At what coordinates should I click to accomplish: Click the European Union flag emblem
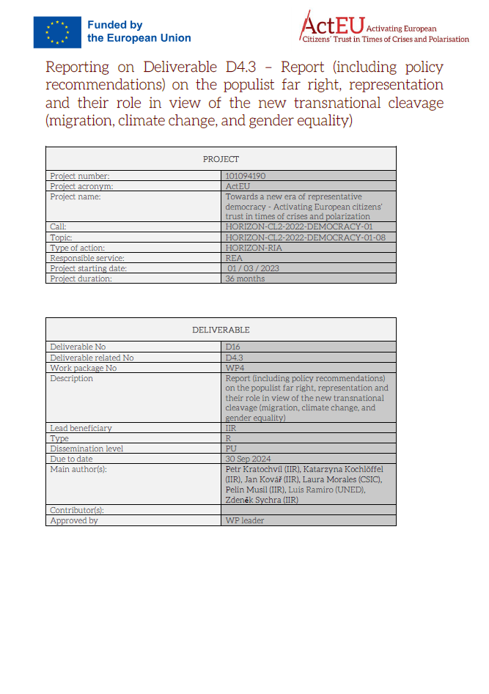click(56, 32)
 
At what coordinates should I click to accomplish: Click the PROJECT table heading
click(221, 159)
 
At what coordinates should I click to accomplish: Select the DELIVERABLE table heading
click(221, 330)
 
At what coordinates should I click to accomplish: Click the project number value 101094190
click(246, 176)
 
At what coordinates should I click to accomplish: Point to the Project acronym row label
click(81, 186)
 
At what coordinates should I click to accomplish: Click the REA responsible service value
click(235, 258)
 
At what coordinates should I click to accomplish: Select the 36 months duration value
click(245, 278)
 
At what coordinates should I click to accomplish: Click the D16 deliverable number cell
click(233, 347)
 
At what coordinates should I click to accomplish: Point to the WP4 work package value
click(235, 368)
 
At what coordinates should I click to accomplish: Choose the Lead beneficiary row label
click(81, 428)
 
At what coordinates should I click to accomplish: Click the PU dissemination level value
click(232, 448)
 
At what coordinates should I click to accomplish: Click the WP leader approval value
click(245, 520)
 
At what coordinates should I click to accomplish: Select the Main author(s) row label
click(78, 469)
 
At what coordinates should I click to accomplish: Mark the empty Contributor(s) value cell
click(308, 509)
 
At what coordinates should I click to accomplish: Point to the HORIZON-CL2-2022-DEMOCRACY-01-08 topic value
click(305, 237)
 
